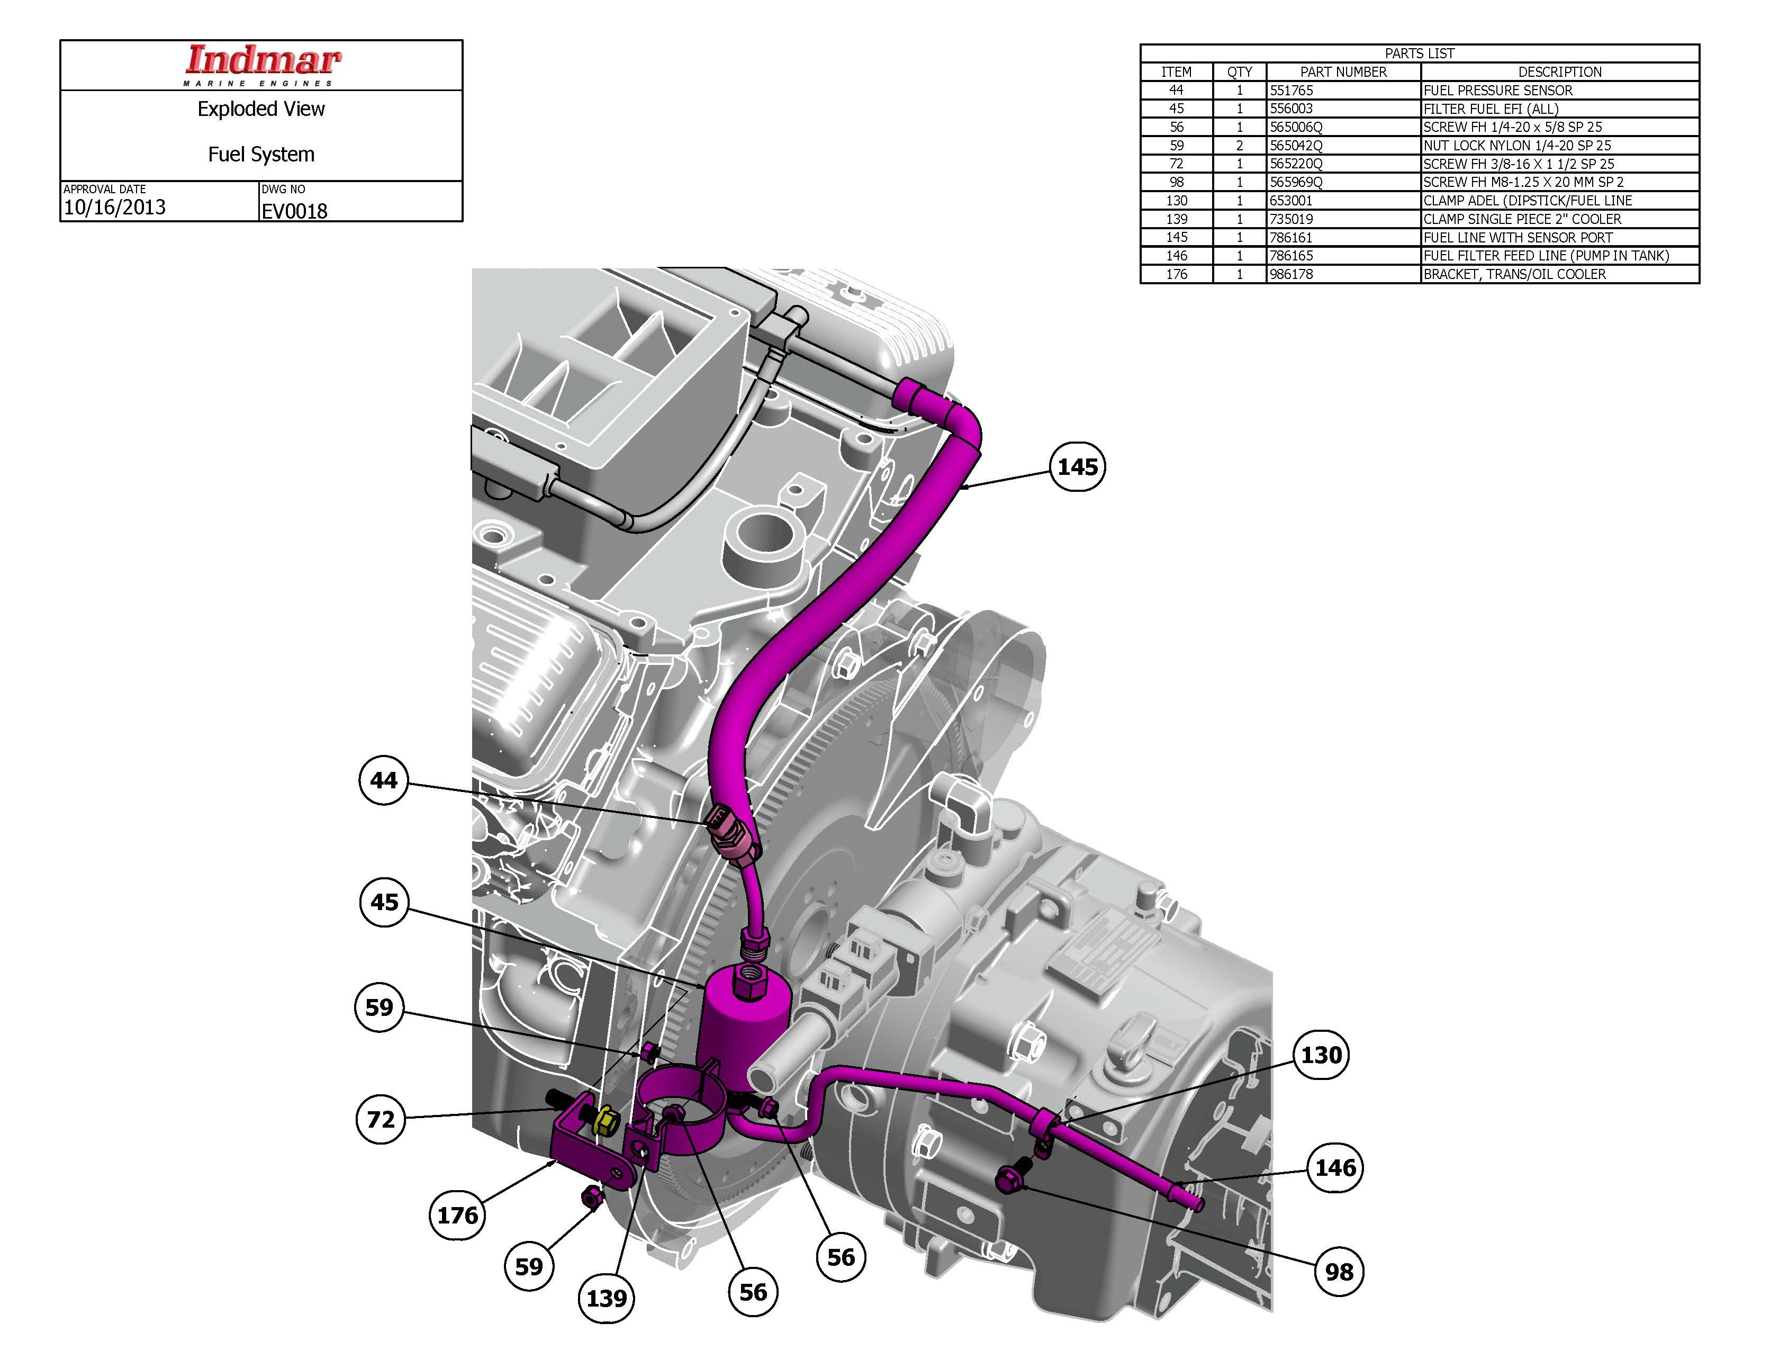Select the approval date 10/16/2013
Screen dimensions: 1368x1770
(114, 208)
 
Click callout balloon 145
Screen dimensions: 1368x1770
(1077, 467)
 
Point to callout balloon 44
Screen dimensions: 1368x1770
(383, 780)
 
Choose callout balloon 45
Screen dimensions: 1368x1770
(384, 902)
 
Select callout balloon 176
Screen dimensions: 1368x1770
(457, 1215)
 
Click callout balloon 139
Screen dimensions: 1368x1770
(606, 1298)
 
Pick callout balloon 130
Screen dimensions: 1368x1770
(1321, 1055)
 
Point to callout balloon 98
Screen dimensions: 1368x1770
(1338, 1272)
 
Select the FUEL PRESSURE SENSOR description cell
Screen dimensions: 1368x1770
(1498, 91)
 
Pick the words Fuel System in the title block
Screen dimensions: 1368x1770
(261, 155)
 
